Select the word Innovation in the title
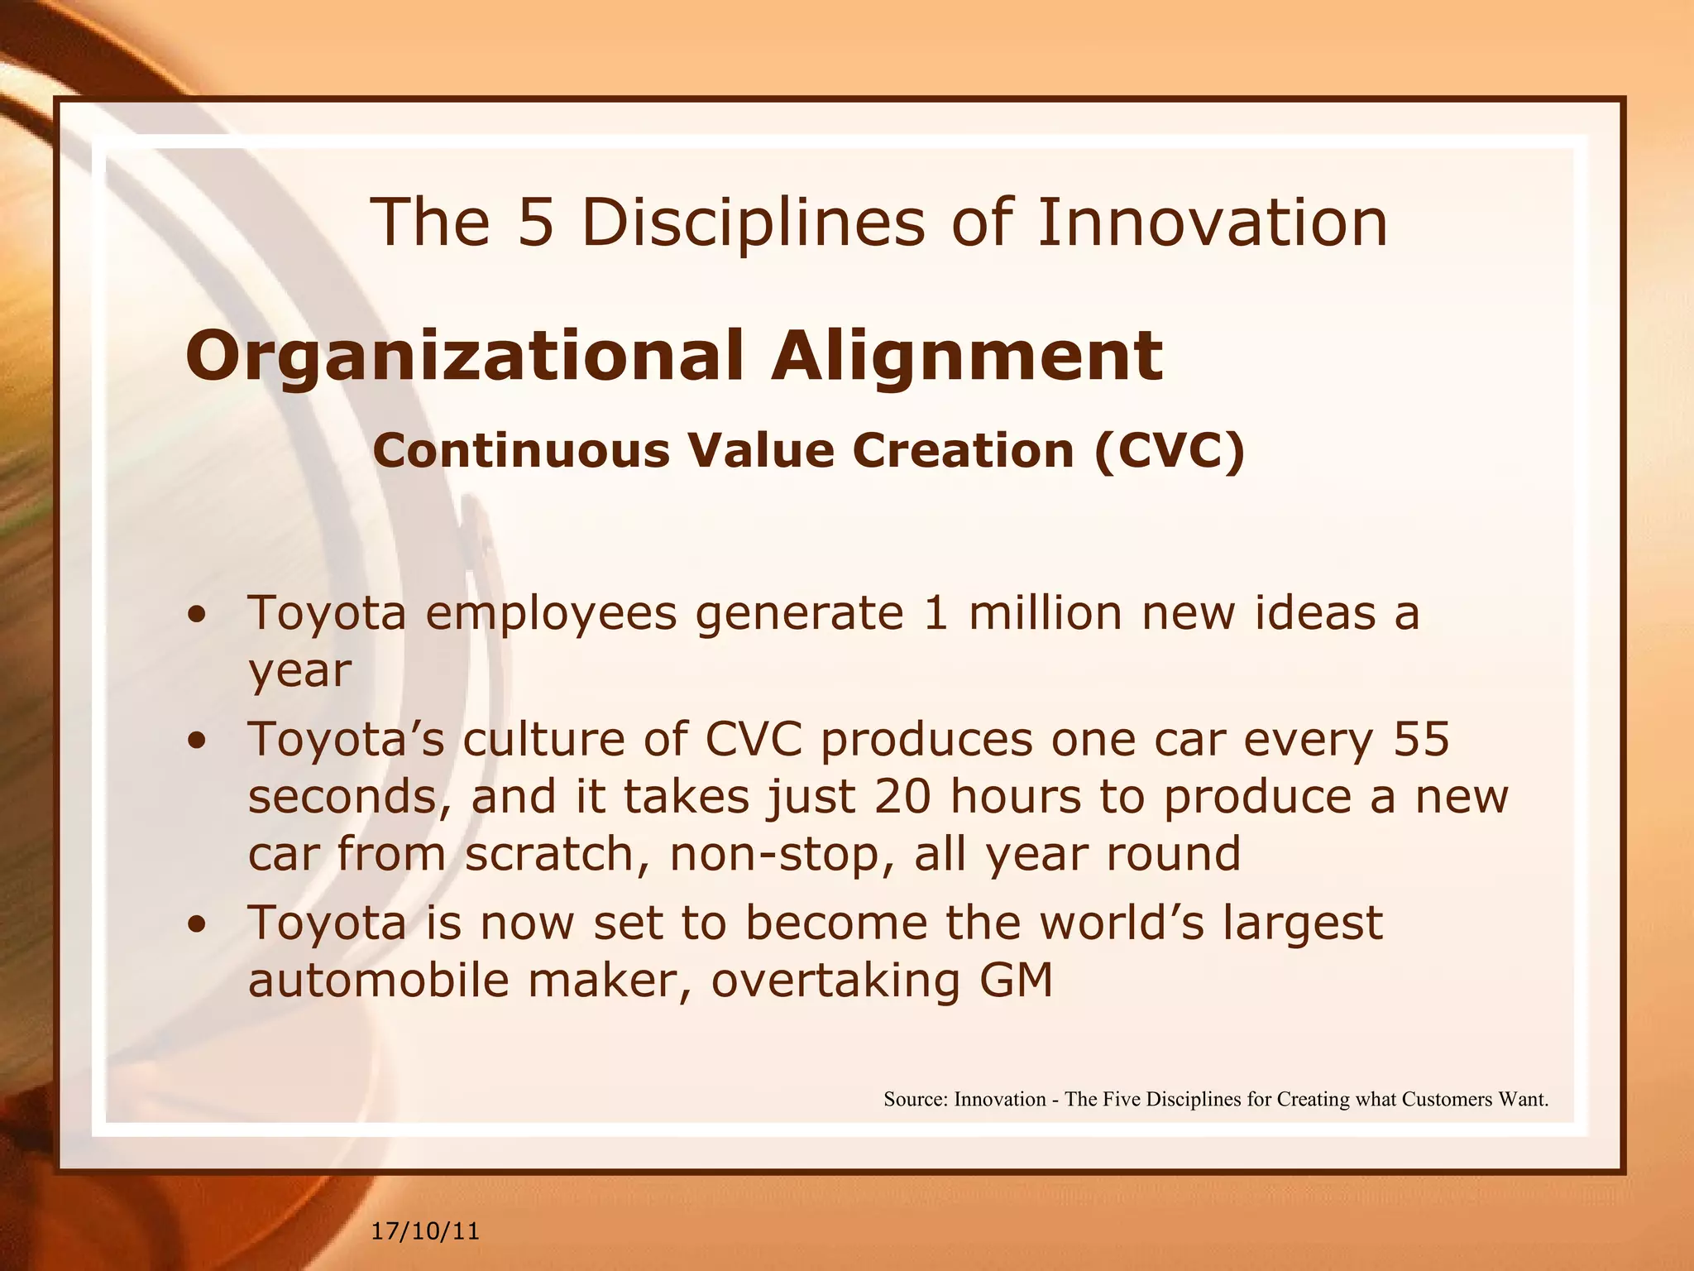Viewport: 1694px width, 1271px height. pyautogui.click(x=1212, y=223)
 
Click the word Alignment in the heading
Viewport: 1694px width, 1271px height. pyautogui.click(x=966, y=357)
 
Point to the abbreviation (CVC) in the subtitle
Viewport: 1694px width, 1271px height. pyautogui.click(x=1169, y=451)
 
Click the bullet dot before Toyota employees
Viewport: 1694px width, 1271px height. pyautogui.click(x=197, y=616)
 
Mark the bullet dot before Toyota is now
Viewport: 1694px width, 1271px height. pyautogui.click(x=197, y=926)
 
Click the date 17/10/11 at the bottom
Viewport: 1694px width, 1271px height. pyautogui.click(x=425, y=1231)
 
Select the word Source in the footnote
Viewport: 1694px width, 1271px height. pyautogui.click(x=914, y=1099)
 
